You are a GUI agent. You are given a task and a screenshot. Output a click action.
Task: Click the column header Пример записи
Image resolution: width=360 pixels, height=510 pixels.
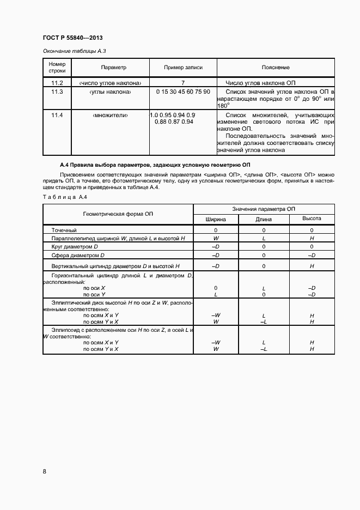tap(183, 68)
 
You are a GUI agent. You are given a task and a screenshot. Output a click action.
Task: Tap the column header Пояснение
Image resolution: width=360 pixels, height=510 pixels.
tap(275, 68)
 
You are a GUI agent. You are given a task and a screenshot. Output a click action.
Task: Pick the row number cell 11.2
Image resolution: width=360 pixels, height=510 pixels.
tap(57, 83)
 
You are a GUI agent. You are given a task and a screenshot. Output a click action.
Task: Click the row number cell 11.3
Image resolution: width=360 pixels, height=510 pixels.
tap(57, 92)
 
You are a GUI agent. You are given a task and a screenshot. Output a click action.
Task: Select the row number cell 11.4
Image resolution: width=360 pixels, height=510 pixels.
tap(57, 116)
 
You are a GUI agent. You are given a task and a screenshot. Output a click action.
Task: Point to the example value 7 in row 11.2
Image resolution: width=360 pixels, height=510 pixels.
tap(183, 83)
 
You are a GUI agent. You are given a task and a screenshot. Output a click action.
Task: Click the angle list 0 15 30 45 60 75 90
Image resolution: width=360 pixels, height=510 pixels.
tap(183, 92)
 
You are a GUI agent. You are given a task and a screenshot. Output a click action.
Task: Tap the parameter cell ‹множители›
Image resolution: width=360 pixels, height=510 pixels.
tap(113, 116)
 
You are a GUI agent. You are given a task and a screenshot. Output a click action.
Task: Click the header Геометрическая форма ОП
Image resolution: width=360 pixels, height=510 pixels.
tap(118, 214)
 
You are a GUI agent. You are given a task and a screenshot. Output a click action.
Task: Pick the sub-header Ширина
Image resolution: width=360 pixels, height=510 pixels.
tap(215, 219)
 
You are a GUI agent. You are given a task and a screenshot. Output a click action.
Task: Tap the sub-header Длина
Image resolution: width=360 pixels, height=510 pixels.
tap(264, 219)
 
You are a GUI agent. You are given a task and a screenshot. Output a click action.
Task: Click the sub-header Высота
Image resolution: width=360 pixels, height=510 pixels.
tap(312, 218)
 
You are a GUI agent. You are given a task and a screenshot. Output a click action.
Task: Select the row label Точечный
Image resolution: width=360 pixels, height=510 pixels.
tap(64, 230)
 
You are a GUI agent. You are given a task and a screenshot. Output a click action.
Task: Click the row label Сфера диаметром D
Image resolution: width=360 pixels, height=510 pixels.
tap(77, 255)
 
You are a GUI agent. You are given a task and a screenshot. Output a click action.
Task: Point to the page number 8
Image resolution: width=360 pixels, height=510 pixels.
tap(44, 471)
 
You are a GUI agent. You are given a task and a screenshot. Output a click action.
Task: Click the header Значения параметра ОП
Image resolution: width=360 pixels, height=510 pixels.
tap(264, 209)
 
